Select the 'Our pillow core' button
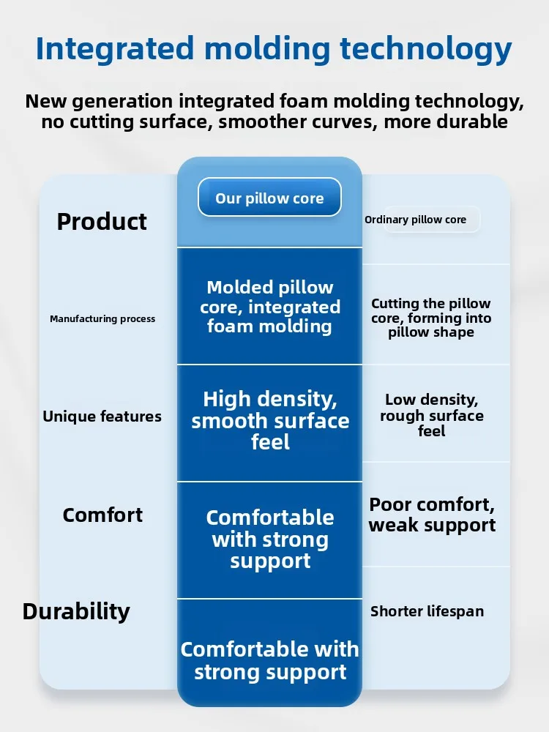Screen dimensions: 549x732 (x=269, y=198)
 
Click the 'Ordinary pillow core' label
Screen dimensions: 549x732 (x=416, y=220)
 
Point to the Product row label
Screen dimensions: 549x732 (x=102, y=221)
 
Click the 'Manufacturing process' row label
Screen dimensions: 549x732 (x=102, y=319)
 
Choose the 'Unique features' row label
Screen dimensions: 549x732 (x=102, y=416)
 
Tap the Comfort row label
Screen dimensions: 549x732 (x=102, y=515)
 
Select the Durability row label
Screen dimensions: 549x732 (x=76, y=611)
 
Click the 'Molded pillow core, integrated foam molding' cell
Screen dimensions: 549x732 (x=270, y=307)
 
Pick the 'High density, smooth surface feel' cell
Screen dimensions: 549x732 (x=270, y=420)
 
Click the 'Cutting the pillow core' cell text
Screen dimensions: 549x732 (x=431, y=318)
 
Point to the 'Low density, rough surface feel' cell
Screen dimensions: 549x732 (x=432, y=415)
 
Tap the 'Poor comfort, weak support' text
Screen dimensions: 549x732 (x=432, y=515)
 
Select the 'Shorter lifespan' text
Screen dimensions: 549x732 (x=427, y=611)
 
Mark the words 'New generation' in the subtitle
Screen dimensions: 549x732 (x=99, y=101)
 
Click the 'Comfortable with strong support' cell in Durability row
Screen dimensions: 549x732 (x=270, y=660)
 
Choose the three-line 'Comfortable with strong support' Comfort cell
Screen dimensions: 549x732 (x=270, y=539)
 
